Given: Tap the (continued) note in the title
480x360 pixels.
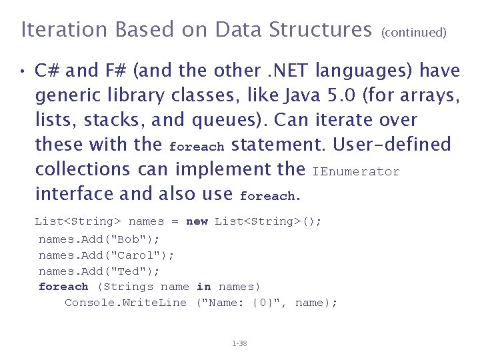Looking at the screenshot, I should pos(413,32).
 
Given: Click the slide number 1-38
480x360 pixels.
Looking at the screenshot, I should pos(239,343).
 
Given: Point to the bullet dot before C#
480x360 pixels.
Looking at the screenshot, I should pos(22,71).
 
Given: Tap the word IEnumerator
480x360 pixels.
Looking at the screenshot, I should pos(356,172).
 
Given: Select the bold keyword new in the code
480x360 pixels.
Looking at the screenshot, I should pos(197,221).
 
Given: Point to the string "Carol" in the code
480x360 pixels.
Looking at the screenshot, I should pos(141,255).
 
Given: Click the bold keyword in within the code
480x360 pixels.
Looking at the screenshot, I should pos(203,287).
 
